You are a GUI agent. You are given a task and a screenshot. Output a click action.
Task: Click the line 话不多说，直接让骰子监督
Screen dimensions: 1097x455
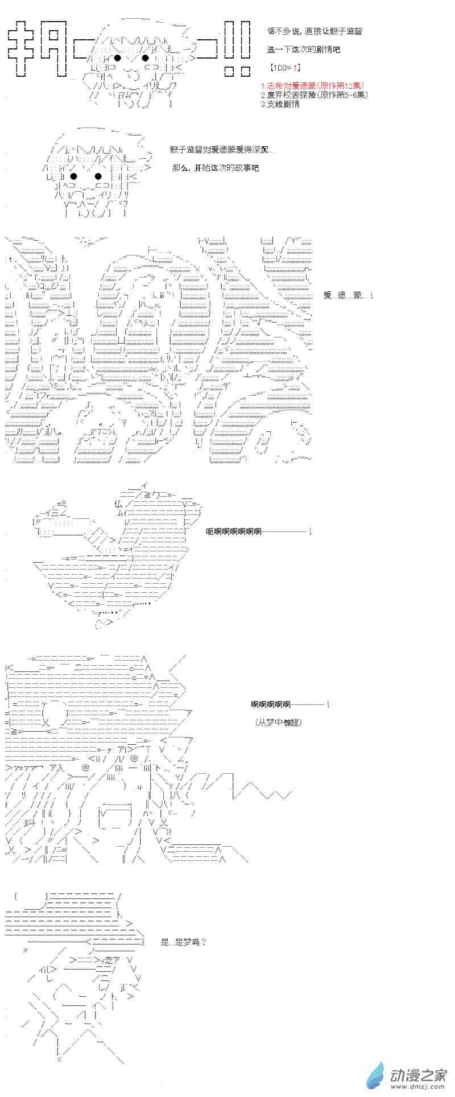tap(314, 31)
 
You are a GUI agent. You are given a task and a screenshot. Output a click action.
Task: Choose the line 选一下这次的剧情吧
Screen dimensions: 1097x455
tap(303, 49)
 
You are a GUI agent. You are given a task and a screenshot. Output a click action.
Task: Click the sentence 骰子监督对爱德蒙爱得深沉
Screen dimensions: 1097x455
tap(221, 150)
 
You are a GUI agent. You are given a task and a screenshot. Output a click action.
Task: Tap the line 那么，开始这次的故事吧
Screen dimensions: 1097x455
tap(216, 168)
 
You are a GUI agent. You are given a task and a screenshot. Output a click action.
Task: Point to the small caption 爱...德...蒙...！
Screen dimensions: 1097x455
tap(349, 295)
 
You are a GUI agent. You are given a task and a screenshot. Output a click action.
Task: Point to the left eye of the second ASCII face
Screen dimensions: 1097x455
tap(80, 176)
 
